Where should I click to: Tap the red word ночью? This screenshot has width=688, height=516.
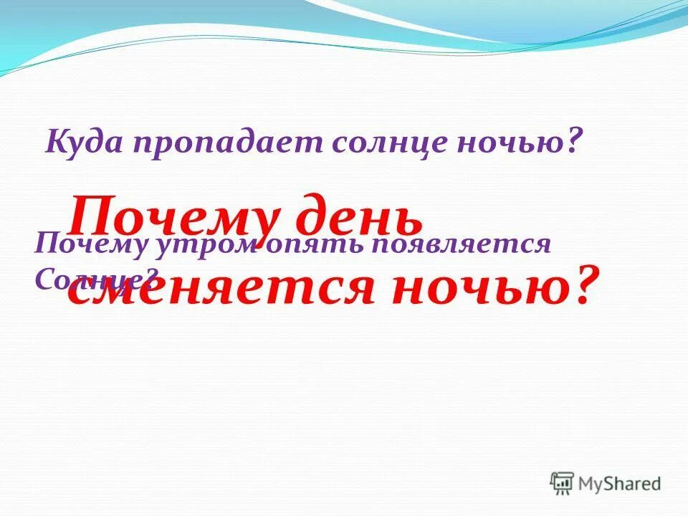pos(469,288)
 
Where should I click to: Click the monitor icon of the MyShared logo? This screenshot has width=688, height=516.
pos(563,484)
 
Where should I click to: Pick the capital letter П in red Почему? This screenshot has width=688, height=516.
pos(89,216)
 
